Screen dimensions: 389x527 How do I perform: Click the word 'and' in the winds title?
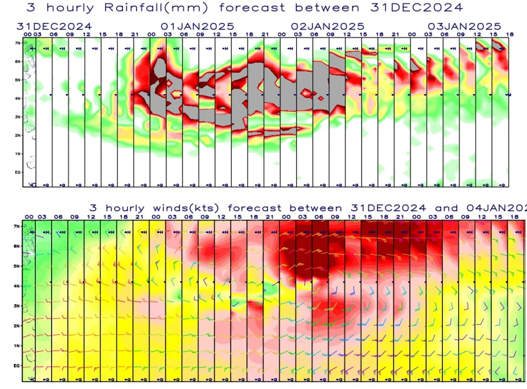(x=446, y=208)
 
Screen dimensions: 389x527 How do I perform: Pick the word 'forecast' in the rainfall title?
(x=253, y=8)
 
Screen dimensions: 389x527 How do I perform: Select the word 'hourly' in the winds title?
(x=125, y=208)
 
